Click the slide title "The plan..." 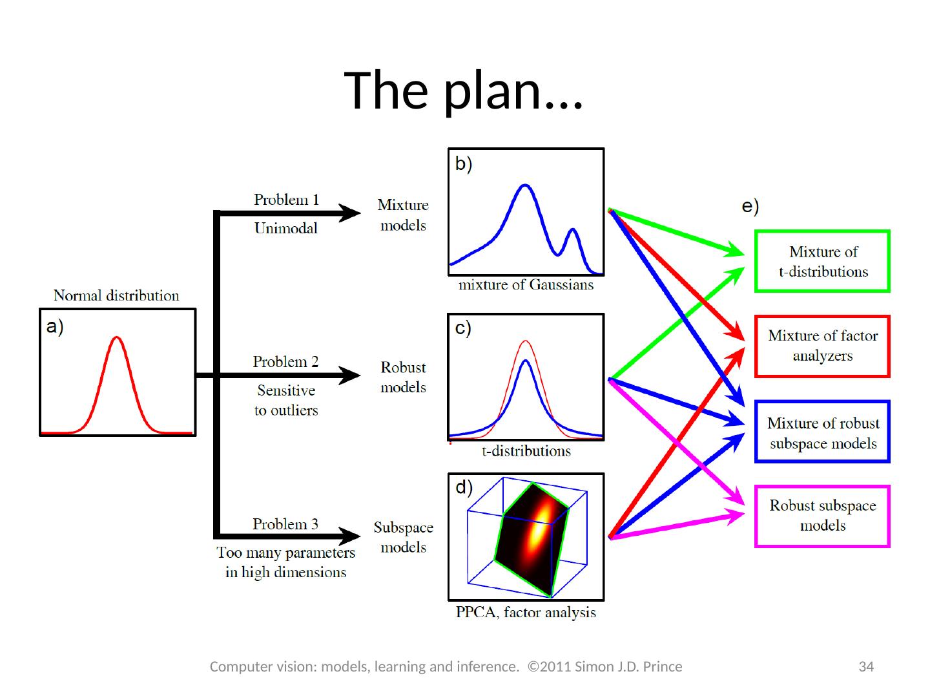click(x=464, y=90)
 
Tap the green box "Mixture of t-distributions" click(x=822, y=261)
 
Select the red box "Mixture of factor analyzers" click(x=822, y=346)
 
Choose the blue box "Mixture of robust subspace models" click(x=822, y=432)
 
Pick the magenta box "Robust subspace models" click(x=822, y=516)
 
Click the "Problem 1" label click(x=286, y=200)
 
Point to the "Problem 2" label click(x=285, y=362)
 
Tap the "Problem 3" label click(x=285, y=524)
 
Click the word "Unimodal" click(x=286, y=228)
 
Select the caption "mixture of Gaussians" click(x=526, y=285)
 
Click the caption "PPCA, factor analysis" click(x=526, y=613)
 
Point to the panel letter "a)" click(x=55, y=328)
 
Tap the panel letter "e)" click(x=750, y=207)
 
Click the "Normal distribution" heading click(x=116, y=296)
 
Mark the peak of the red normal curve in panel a click(x=116, y=337)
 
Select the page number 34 click(x=865, y=666)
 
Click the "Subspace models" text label click(x=403, y=537)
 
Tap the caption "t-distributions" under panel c click(x=526, y=451)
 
